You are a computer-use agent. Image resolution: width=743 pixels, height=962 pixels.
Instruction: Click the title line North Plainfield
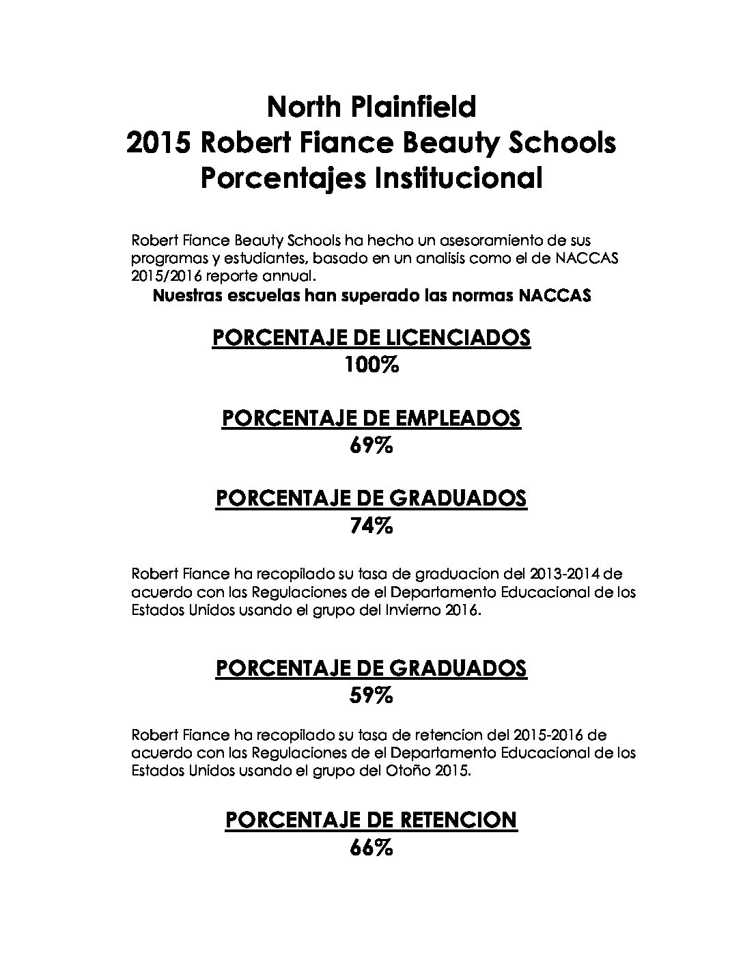[371, 107]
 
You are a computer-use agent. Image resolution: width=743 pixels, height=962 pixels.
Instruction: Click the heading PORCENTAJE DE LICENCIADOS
[371, 338]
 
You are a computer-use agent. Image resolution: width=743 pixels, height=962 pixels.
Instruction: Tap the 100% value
[371, 366]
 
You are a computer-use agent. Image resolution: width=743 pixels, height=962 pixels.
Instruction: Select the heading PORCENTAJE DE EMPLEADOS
[371, 418]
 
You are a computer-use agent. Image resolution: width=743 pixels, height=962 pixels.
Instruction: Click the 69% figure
[371, 446]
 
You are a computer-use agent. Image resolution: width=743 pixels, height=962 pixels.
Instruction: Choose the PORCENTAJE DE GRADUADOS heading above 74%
[371, 498]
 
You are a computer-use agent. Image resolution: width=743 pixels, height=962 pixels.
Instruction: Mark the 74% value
[371, 526]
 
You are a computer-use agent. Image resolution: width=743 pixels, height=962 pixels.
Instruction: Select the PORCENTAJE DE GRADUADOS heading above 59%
[371, 668]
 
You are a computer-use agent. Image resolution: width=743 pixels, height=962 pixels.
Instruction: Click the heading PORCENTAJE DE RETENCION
[371, 819]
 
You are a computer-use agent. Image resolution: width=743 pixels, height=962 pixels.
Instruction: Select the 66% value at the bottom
[371, 848]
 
